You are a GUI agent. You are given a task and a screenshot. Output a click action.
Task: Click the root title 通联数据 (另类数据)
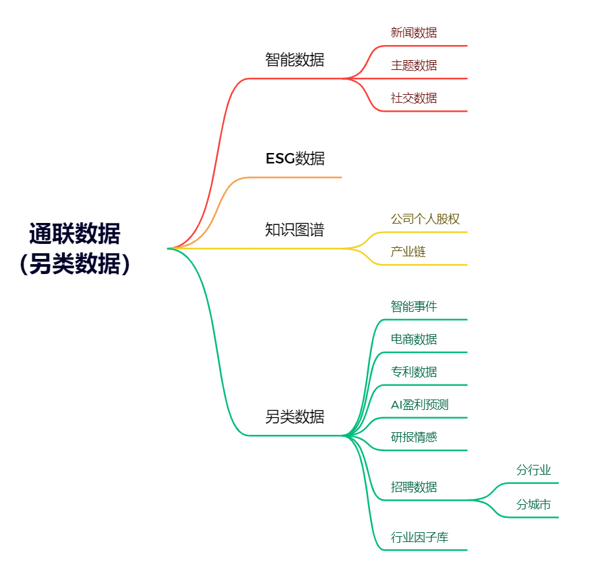tap(75, 248)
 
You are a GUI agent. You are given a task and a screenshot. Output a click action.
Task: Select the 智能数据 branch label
tap(294, 59)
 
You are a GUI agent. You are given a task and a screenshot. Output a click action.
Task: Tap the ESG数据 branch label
tap(295, 159)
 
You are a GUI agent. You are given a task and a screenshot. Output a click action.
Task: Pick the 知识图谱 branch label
tap(294, 229)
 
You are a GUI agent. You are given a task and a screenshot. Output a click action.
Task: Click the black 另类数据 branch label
tap(294, 416)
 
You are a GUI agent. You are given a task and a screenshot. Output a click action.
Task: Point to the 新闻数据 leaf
tap(414, 33)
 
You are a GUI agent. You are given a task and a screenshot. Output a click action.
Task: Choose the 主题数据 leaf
tap(414, 65)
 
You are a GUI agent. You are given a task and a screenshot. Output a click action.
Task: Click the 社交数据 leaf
tap(414, 98)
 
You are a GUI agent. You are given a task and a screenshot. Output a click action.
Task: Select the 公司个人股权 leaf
tap(425, 218)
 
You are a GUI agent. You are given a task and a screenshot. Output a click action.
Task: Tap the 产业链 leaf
tap(408, 251)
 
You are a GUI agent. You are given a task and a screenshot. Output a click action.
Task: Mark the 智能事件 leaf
tap(414, 306)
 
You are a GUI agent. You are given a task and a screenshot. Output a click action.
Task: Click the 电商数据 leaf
tap(414, 339)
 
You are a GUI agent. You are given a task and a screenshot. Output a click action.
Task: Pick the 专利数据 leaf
tap(414, 371)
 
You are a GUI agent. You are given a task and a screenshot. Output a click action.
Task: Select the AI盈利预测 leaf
tap(420, 404)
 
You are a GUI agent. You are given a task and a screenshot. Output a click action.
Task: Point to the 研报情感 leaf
tap(414, 437)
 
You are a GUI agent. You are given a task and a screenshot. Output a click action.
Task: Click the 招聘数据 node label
tap(414, 487)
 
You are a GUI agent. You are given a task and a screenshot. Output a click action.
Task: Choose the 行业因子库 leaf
tap(420, 537)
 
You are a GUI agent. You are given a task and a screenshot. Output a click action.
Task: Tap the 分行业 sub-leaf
tap(533, 469)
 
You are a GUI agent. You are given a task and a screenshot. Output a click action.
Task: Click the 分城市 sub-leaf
tap(533, 504)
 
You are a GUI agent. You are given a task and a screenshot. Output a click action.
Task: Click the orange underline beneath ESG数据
tap(295, 177)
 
